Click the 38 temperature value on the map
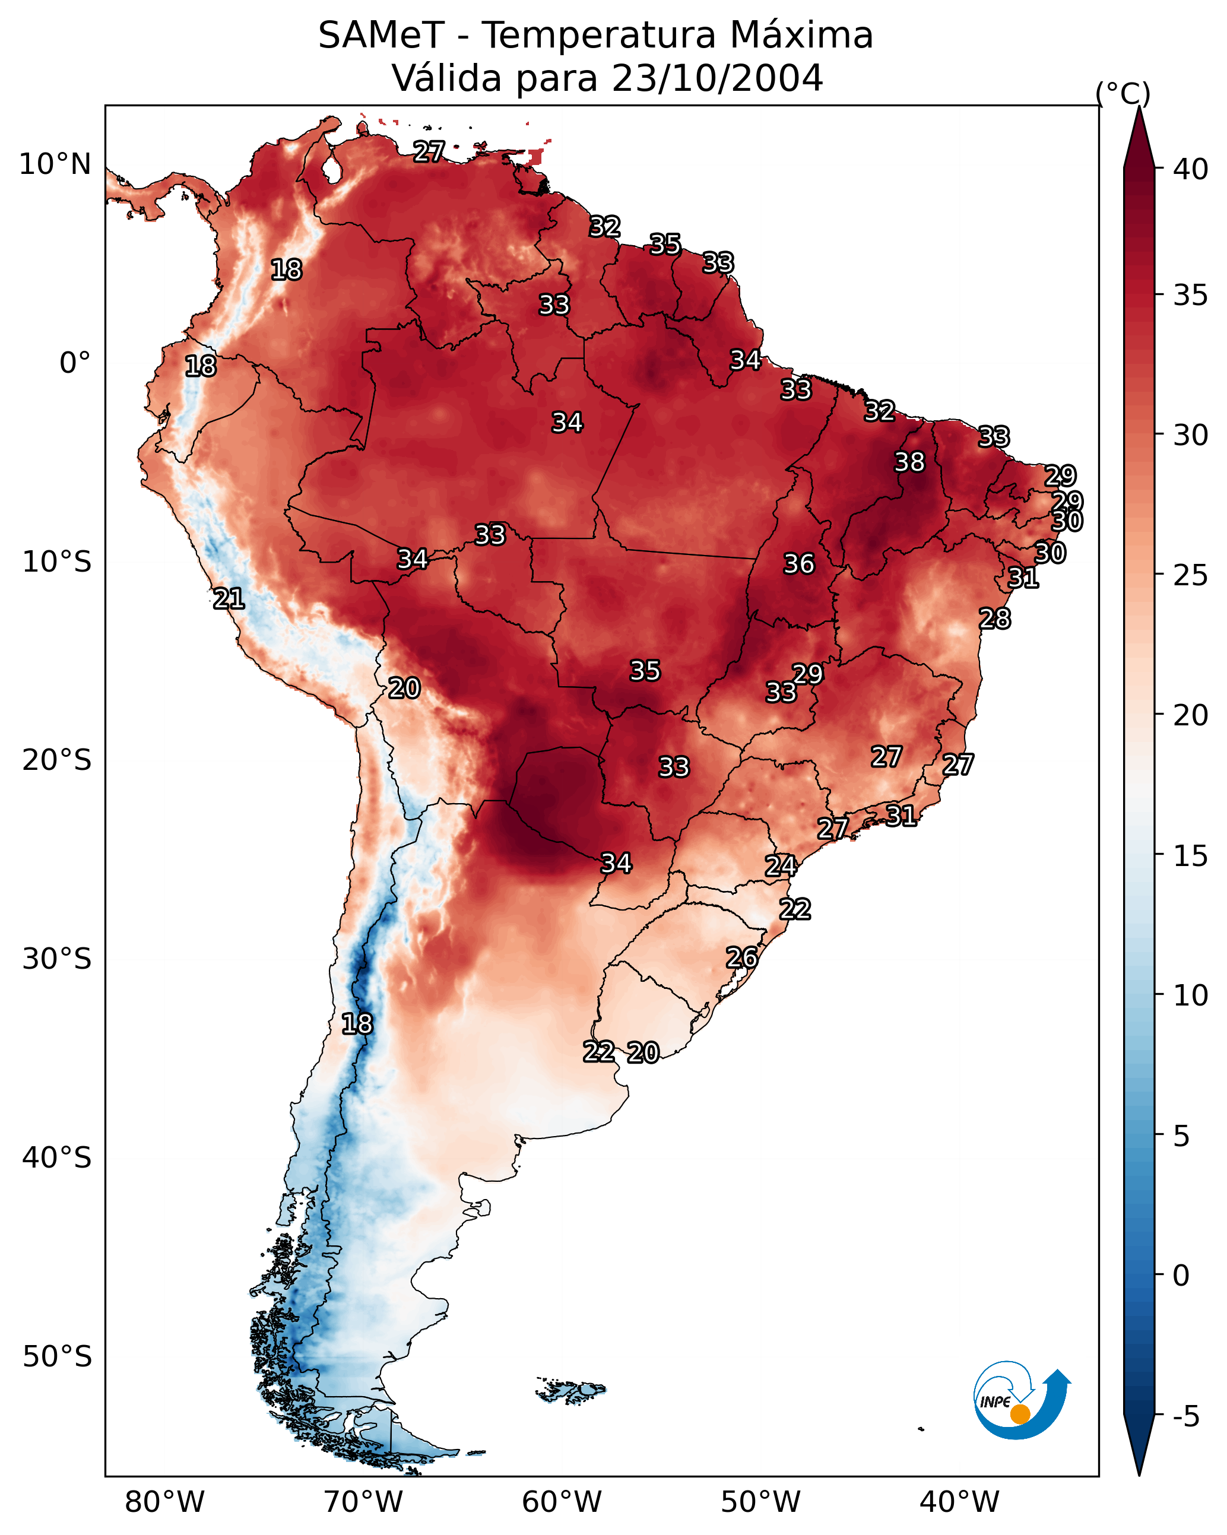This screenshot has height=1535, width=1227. [909, 462]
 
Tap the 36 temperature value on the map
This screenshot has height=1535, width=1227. [798, 564]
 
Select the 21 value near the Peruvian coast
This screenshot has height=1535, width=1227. [229, 599]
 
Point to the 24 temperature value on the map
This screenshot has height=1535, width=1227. [781, 866]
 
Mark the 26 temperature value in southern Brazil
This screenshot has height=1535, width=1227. [741, 957]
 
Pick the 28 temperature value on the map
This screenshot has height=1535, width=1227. [994, 619]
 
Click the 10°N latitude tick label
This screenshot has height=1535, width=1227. [55, 164]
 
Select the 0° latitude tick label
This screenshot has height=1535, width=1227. [75, 363]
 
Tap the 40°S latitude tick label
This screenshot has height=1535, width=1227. [56, 1158]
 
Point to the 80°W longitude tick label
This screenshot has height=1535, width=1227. [164, 1502]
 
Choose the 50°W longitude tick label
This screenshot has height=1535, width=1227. [760, 1502]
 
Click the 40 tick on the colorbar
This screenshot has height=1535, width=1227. [1191, 169]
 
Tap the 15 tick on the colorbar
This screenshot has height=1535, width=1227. [1191, 856]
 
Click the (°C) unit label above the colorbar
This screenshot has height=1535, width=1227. [1123, 93]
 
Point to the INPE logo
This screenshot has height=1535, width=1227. [1020, 1403]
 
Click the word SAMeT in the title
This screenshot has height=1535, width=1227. [381, 36]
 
